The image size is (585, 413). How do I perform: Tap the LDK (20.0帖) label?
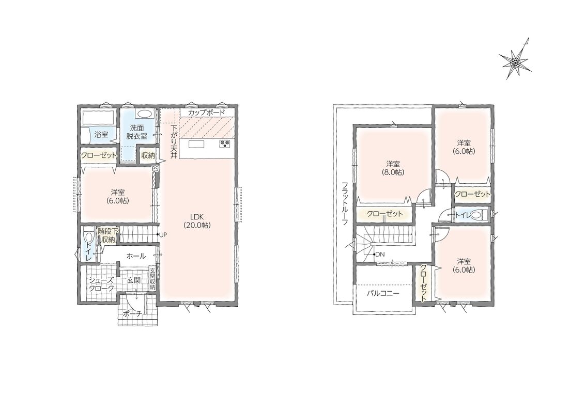[197, 220]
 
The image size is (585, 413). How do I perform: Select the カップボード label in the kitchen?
[207, 112]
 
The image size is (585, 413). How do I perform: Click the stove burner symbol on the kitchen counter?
[225, 144]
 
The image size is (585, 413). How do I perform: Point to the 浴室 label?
[101, 134]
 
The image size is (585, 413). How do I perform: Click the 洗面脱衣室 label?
[136, 132]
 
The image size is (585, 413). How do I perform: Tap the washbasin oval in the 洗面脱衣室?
[143, 114]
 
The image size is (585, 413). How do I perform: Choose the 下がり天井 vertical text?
[174, 142]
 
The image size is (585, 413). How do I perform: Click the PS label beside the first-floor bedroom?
[156, 168]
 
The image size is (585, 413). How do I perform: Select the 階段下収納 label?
[108, 235]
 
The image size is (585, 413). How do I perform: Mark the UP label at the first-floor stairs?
[163, 235]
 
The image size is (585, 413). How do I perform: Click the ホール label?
[136, 256]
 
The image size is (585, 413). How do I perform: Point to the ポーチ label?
[132, 314]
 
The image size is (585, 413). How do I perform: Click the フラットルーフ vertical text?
[345, 203]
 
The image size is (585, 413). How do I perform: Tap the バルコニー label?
[383, 293]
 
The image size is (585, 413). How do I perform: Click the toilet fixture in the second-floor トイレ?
[480, 215]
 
